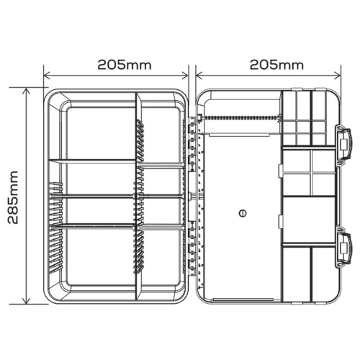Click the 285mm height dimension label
(x=13, y=197)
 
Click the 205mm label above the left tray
(x=125, y=65)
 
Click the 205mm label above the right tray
(x=276, y=65)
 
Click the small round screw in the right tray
(x=243, y=213)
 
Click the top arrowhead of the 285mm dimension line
(x=26, y=91)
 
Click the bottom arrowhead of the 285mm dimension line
(x=26, y=301)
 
